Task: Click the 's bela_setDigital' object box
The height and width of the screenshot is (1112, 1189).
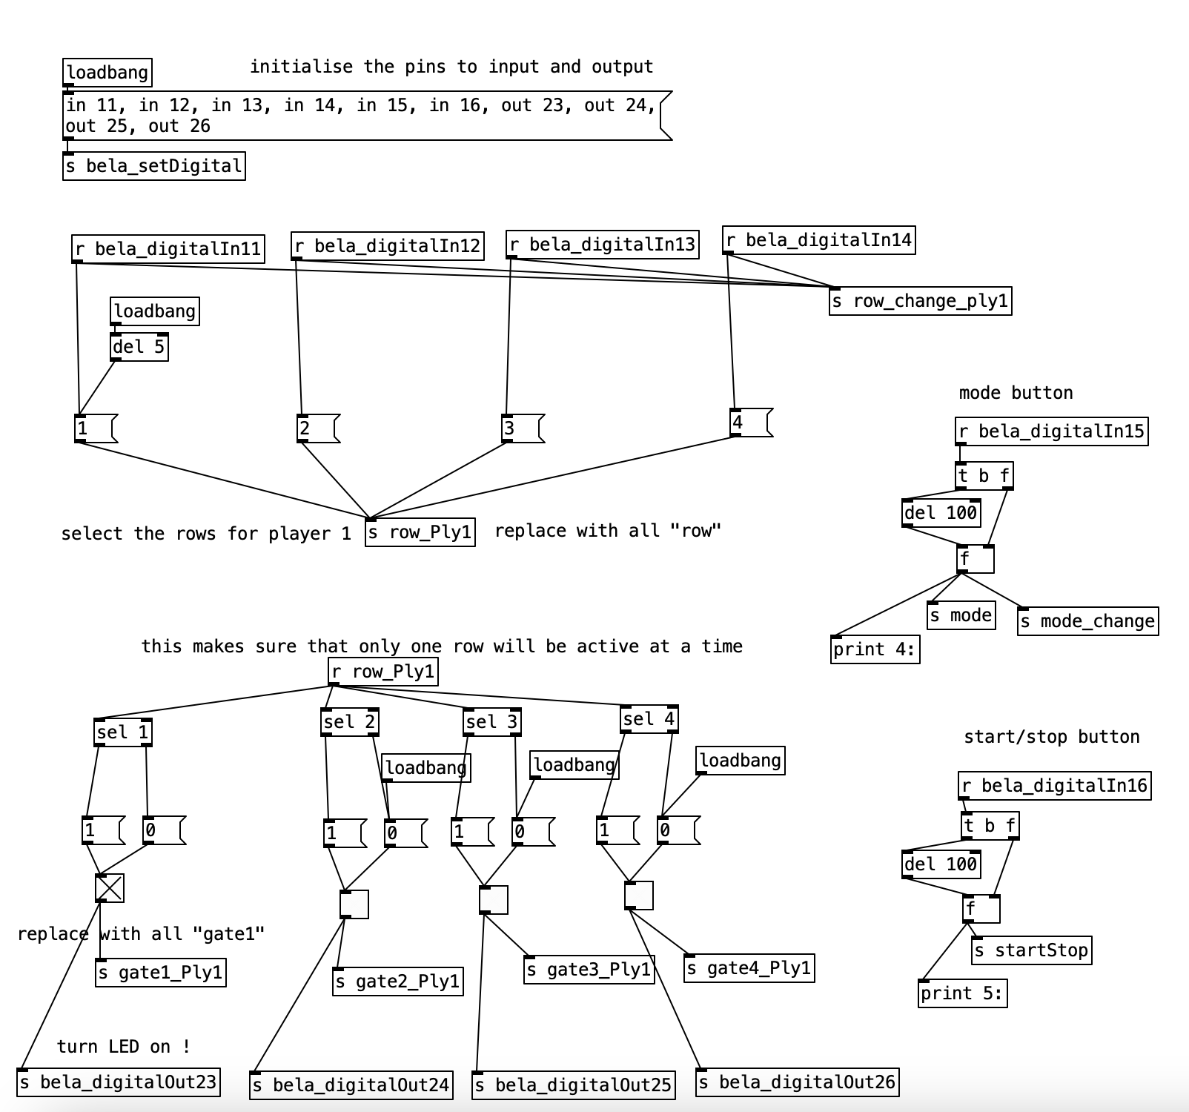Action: pyautogui.click(x=153, y=166)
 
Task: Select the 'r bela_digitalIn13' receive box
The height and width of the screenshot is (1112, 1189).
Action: pyautogui.click(x=602, y=245)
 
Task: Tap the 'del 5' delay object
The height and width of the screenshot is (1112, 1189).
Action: pyautogui.click(x=139, y=347)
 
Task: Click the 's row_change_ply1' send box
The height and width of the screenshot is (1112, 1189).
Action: pyautogui.click(x=920, y=301)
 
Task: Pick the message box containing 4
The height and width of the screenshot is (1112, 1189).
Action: pyautogui.click(x=750, y=423)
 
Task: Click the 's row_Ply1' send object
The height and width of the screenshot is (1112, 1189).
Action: pyautogui.click(x=420, y=532)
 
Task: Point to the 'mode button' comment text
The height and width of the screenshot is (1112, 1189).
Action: pyautogui.click(x=1016, y=393)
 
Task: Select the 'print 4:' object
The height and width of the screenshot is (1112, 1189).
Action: pyautogui.click(x=875, y=650)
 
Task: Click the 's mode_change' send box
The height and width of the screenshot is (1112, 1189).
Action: pyautogui.click(x=1087, y=621)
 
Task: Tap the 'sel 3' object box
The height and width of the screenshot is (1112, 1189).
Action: pyautogui.click(x=492, y=722)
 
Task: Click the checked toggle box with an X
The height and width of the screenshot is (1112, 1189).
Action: pyautogui.click(x=110, y=888)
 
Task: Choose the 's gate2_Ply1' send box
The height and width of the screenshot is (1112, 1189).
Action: pyautogui.click(x=397, y=982)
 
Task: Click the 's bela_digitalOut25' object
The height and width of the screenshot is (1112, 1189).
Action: pyautogui.click(x=573, y=1085)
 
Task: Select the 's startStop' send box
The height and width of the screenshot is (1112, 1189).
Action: pyautogui.click(x=1031, y=950)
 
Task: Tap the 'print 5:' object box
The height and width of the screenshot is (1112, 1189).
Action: pyautogui.click(x=962, y=993)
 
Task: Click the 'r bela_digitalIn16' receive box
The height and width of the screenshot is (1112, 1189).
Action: pyautogui.click(x=1054, y=786)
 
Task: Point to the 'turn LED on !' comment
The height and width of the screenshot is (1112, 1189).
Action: pyautogui.click(x=124, y=1047)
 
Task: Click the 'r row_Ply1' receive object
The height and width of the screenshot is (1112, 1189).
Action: pyautogui.click(x=383, y=672)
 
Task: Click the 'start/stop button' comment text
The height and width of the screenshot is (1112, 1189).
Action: pyautogui.click(x=1051, y=737)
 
